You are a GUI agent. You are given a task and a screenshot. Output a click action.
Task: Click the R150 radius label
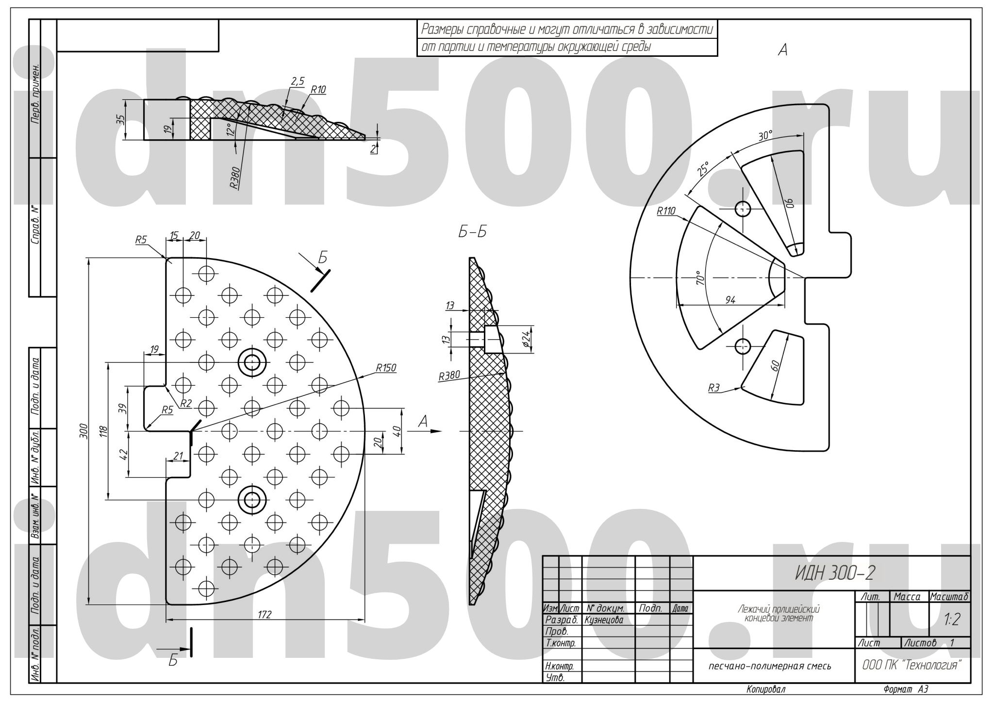(x=386, y=368)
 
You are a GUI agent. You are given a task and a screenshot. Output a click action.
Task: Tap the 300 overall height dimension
(x=83, y=430)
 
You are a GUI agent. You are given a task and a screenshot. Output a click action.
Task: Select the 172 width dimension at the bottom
(x=265, y=615)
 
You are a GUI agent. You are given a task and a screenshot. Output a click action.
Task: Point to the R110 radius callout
(x=666, y=211)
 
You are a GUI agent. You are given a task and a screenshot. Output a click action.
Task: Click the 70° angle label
(x=699, y=278)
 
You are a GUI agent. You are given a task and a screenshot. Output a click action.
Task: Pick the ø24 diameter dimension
(x=526, y=339)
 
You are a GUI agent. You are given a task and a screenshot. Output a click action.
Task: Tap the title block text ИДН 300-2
(x=834, y=573)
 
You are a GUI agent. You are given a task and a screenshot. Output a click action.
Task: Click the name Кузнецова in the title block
(x=604, y=620)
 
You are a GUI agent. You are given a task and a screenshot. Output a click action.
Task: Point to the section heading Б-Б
(x=472, y=232)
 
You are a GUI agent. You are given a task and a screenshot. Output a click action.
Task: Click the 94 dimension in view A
(x=730, y=300)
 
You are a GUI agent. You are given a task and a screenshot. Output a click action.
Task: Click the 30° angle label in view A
(x=765, y=135)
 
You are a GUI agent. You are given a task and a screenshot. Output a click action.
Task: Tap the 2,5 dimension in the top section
(x=297, y=81)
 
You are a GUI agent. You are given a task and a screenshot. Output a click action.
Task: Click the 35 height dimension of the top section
(x=120, y=119)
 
